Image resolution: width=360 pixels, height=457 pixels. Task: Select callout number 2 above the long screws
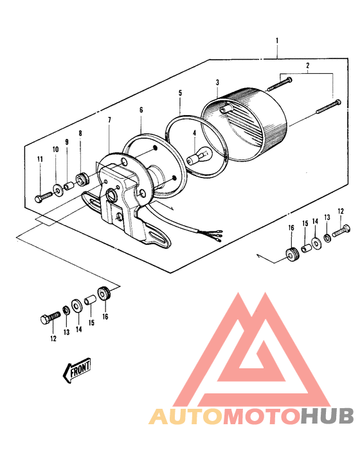click(307, 65)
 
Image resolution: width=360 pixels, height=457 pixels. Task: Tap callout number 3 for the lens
click(218, 83)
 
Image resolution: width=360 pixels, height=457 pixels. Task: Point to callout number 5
click(180, 93)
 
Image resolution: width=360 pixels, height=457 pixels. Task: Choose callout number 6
click(141, 110)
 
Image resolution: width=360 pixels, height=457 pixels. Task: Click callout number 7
click(109, 120)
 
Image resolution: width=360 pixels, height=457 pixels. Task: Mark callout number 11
click(40, 159)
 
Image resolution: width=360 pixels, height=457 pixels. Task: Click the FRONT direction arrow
click(76, 370)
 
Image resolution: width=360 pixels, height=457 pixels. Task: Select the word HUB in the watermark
click(326, 417)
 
